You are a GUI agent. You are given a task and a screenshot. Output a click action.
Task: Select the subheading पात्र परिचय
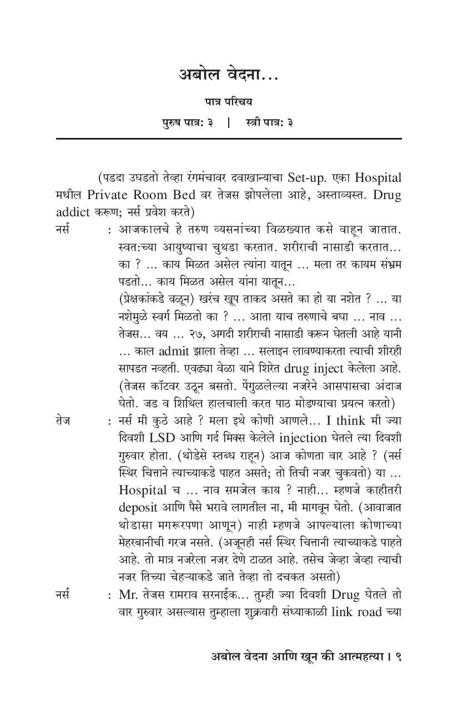click(x=228, y=102)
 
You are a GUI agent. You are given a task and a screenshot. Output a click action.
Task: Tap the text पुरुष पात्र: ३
click(x=187, y=122)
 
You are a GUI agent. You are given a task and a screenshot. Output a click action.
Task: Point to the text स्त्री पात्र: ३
click(x=269, y=122)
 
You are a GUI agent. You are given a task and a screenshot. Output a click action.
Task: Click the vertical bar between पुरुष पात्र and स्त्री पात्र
click(x=228, y=122)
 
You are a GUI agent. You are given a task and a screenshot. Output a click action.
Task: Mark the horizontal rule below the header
click(x=228, y=138)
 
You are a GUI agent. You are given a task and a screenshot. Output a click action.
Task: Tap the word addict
click(x=74, y=212)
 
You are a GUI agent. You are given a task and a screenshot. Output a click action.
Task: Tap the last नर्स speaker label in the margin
click(x=63, y=594)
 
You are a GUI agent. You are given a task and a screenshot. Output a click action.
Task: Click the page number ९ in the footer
click(x=397, y=657)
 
